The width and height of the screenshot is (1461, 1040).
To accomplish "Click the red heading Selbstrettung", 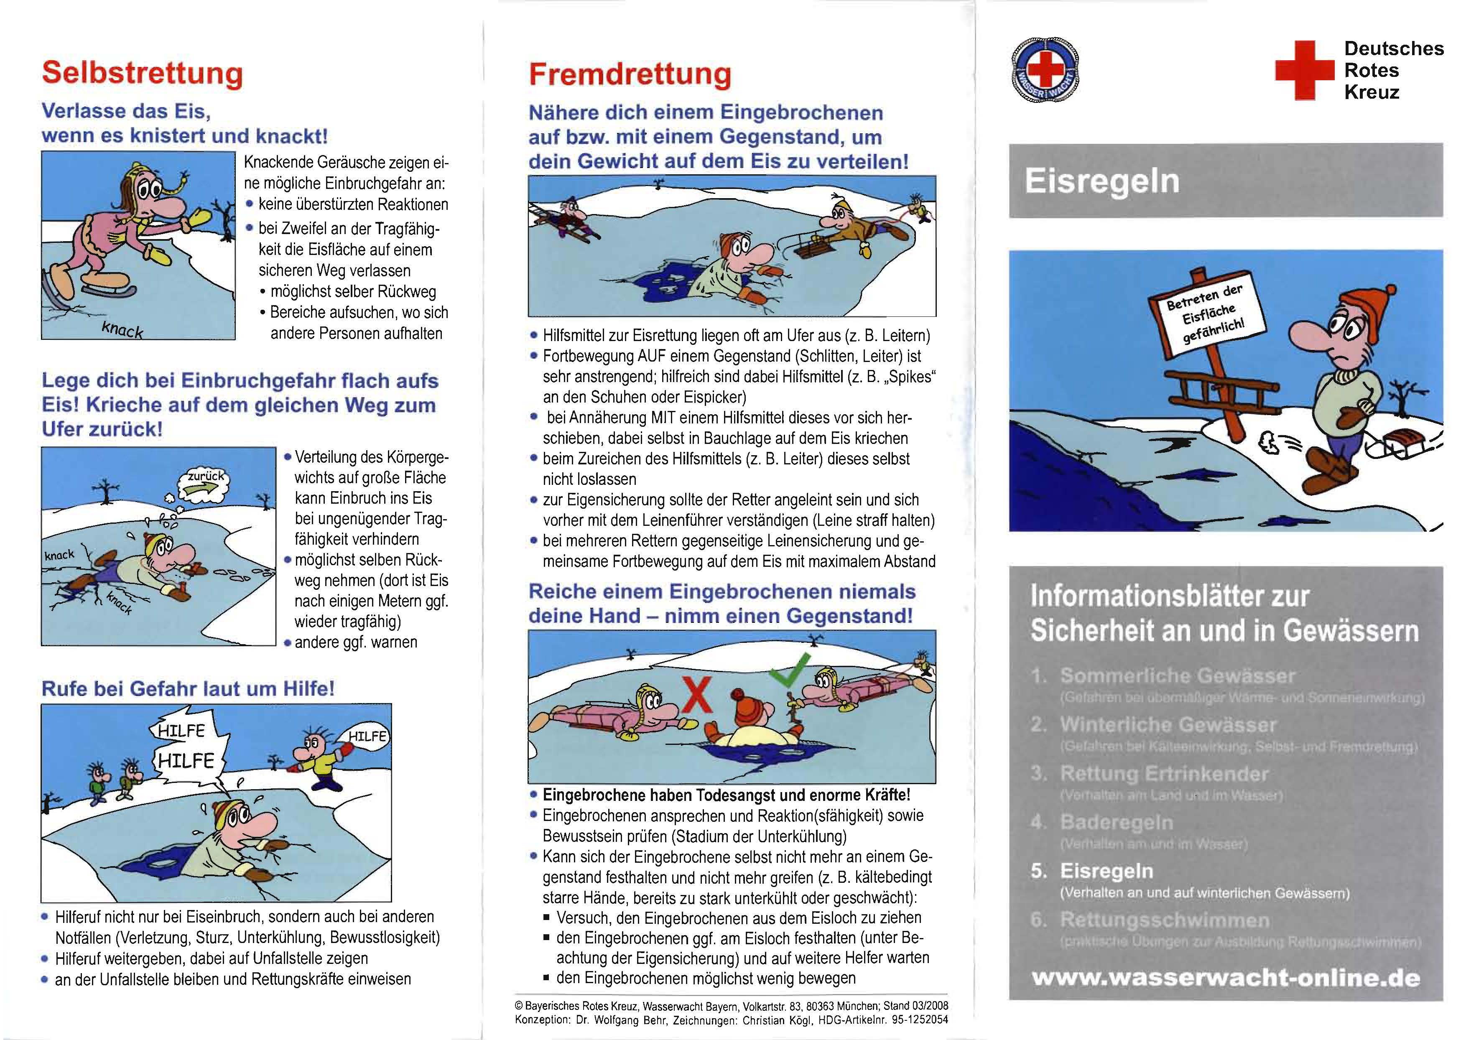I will (142, 73).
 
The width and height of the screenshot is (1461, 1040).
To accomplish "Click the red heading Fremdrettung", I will (630, 74).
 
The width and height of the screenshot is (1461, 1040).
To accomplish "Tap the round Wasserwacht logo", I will (1045, 71).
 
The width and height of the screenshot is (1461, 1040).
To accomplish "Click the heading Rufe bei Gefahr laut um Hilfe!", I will (188, 689).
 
